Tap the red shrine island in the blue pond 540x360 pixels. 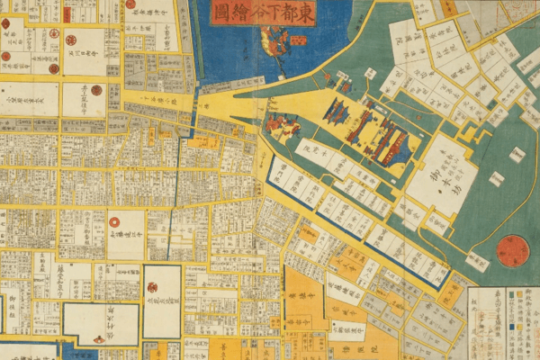click(x=274, y=40)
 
